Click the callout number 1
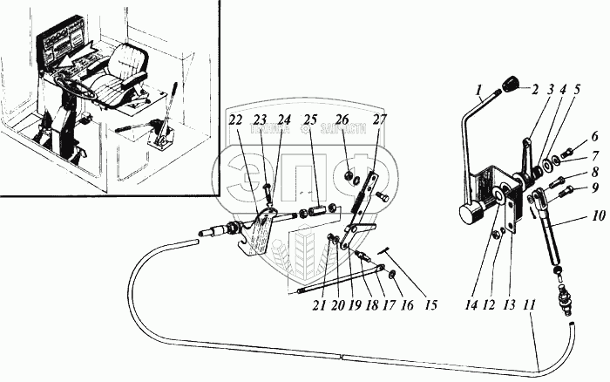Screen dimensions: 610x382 (x=478, y=87)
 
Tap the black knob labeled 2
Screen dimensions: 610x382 (x=508, y=85)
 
